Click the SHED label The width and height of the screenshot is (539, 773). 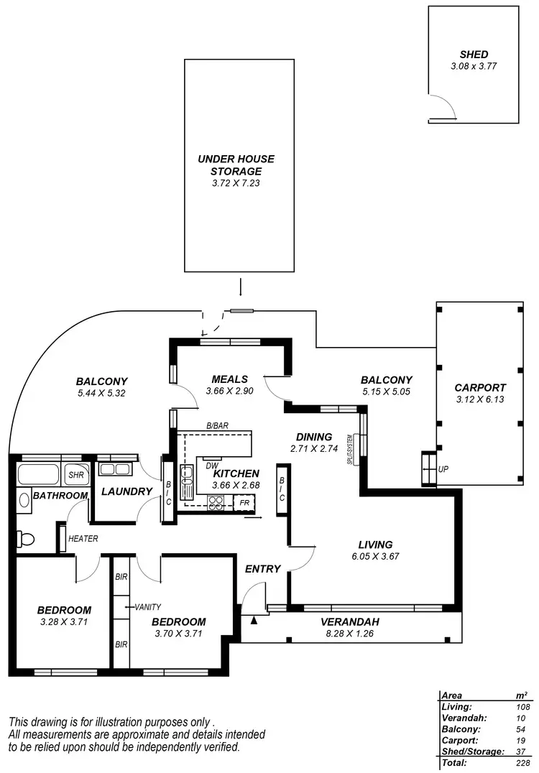click(x=474, y=55)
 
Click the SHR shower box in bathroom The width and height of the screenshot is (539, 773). click(x=75, y=475)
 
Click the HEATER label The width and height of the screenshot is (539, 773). click(x=83, y=539)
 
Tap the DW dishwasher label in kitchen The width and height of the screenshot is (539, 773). click(x=211, y=465)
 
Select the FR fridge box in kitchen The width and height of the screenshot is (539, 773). click(x=244, y=503)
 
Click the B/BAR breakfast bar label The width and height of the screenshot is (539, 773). click(x=217, y=426)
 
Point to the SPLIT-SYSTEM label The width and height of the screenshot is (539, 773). click(x=350, y=450)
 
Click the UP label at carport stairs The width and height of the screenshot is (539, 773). click(x=443, y=468)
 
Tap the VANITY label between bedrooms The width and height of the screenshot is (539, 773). click(x=147, y=607)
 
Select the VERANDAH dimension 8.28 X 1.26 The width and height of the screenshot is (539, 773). click(x=349, y=634)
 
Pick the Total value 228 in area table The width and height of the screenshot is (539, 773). click(x=524, y=762)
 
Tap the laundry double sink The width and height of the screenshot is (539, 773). click(x=114, y=470)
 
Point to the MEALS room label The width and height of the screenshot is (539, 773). click(x=230, y=379)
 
